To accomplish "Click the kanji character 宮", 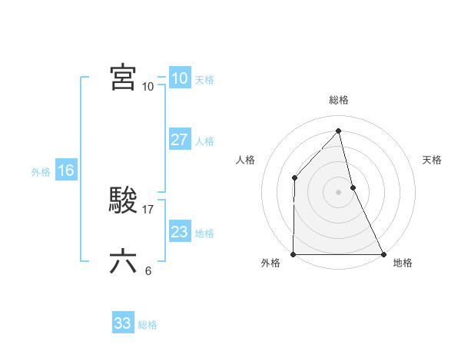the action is pos(123,78).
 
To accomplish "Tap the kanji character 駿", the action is pos(123,201).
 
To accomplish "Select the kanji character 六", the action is pos(123,262).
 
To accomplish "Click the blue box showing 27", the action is pos(180,140).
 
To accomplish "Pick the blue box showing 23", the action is pos(180,232).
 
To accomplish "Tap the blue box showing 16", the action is pos(65,171).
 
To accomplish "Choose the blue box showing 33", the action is pos(123,323).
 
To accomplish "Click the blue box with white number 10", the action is pos(180,78).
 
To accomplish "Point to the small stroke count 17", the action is pos(149,209).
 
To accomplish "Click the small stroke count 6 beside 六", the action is pos(148,270).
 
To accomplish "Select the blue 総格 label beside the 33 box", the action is pos(148,325).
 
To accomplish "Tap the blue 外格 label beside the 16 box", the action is pos(41,172).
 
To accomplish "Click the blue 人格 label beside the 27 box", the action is pos(204,141).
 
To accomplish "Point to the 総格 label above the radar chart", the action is pos(339,100).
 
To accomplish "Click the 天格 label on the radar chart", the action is pos(433,160).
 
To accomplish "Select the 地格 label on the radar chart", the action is pos(403,263).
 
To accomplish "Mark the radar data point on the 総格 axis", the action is pos(339,131).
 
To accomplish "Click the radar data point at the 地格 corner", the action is pos(383,254).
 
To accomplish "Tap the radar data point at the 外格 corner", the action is pos(294,254).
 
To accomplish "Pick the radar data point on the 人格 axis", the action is pos(295,178).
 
